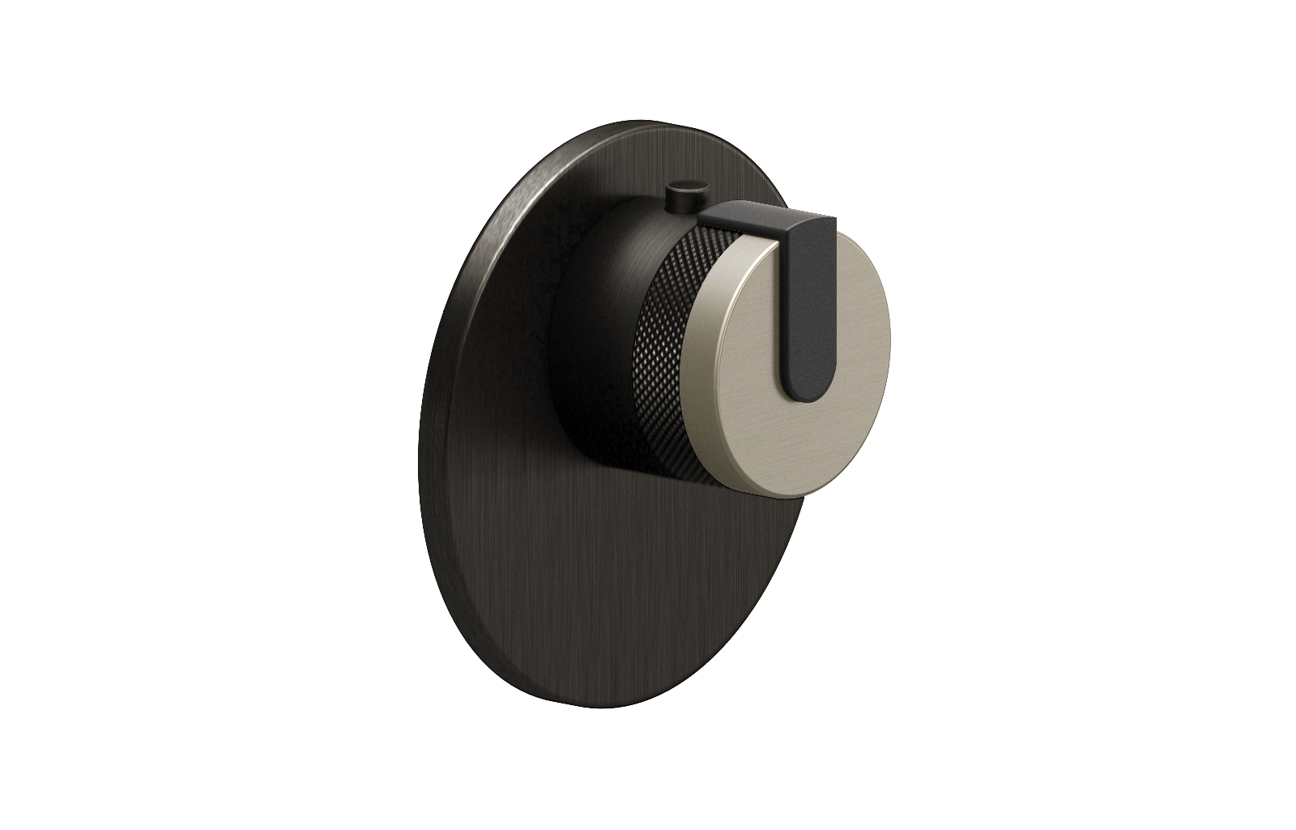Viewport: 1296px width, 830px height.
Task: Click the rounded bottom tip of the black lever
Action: [804, 392]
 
